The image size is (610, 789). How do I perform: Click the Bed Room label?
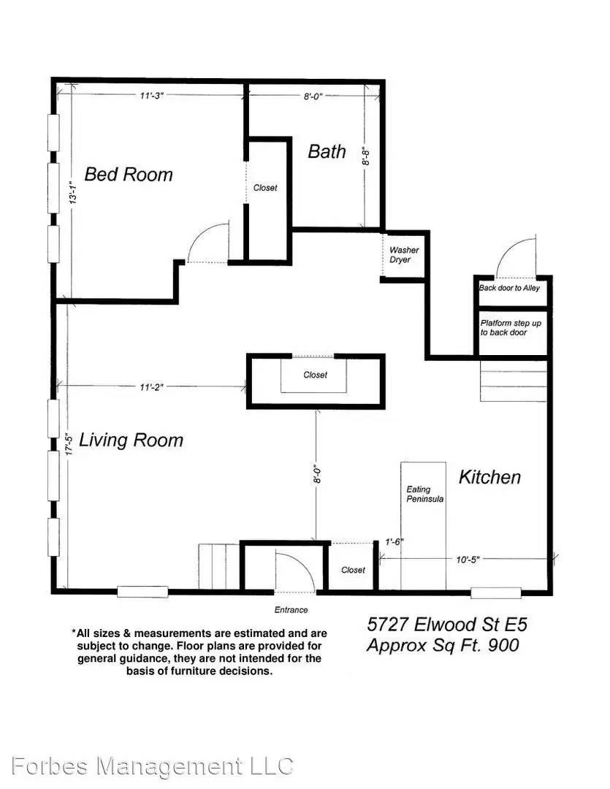(x=129, y=174)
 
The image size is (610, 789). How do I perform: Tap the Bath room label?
(x=327, y=151)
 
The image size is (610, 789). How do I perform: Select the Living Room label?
(x=131, y=440)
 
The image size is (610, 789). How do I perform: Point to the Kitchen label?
(x=489, y=477)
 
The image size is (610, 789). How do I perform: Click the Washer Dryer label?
(x=404, y=255)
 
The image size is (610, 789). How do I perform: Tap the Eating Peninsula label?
(x=424, y=494)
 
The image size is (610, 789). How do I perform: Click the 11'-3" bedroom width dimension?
(x=151, y=96)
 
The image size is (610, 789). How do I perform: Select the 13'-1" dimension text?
(x=73, y=192)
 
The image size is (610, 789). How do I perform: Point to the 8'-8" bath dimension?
(x=367, y=156)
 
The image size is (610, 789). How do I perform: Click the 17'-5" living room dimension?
(x=70, y=443)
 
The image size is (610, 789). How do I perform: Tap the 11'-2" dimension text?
(x=151, y=387)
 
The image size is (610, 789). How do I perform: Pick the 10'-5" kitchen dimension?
(x=468, y=560)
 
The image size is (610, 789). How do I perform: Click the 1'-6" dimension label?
(x=394, y=542)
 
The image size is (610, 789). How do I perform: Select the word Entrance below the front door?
(x=291, y=610)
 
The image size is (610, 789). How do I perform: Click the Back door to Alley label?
(x=509, y=288)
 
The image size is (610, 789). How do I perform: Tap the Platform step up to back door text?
(x=511, y=327)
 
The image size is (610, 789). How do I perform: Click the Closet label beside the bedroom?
(x=265, y=188)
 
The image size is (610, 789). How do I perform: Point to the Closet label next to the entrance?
(x=353, y=570)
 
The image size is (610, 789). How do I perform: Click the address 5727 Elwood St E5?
(x=447, y=625)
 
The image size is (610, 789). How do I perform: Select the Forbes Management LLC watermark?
(x=152, y=766)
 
